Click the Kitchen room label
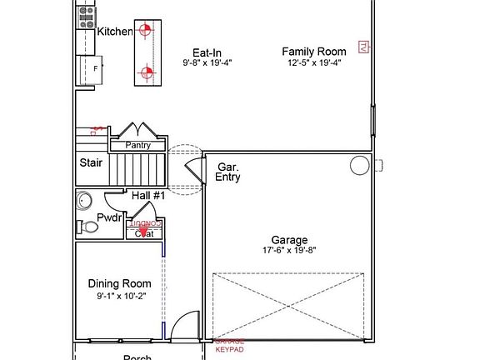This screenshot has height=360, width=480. [115, 32]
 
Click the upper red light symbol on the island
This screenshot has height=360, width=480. [146, 31]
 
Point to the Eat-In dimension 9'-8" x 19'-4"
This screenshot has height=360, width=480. [207, 62]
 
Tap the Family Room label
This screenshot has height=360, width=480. [313, 51]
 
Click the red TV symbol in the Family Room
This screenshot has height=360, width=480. [362, 47]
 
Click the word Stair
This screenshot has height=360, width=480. [91, 163]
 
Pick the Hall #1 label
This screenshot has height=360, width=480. [148, 195]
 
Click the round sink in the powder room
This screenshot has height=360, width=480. [84, 201]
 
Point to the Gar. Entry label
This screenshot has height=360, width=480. [228, 172]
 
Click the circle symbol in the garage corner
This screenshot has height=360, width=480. [359, 165]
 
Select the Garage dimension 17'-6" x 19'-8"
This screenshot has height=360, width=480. [288, 250]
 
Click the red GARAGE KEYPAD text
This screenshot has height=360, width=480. [230, 346]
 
